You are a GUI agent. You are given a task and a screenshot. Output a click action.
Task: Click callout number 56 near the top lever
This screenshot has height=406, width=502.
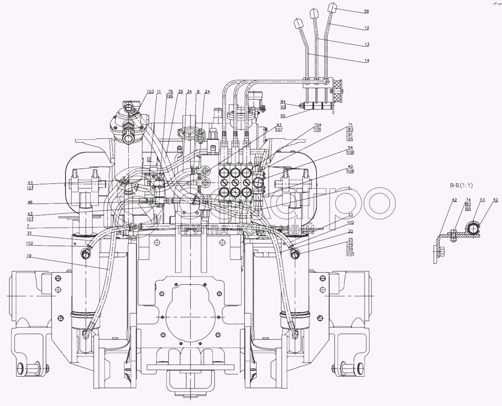(x=367, y=11)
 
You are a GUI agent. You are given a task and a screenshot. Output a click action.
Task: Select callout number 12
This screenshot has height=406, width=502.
(x=367, y=28)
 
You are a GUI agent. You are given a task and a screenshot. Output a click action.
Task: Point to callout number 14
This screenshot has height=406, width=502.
(x=367, y=61)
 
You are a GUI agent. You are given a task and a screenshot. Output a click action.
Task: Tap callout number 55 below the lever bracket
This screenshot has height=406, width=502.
(x=283, y=116)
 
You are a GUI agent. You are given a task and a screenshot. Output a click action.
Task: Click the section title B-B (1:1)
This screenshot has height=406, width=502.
(x=461, y=186)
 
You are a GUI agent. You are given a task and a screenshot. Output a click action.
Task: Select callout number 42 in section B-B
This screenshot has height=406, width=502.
(x=454, y=200)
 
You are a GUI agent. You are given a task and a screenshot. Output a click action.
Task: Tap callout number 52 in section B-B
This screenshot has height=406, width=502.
(x=495, y=200)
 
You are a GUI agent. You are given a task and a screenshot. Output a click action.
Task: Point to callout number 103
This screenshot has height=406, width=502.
(x=150, y=92)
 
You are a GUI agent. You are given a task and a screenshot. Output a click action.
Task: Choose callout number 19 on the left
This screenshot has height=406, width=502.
(x=29, y=256)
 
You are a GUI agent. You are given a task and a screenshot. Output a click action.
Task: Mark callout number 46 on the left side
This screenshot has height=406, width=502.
(x=30, y=202)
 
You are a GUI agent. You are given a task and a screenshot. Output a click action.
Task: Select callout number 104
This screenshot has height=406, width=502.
(x=318, y=125)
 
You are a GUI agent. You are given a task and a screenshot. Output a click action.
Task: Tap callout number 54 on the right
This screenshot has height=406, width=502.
(x=350, y=148)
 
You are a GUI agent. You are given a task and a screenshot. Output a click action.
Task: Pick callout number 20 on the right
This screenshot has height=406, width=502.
(x=350, y=231)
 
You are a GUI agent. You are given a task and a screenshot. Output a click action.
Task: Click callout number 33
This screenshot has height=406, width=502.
(x=350, y=215)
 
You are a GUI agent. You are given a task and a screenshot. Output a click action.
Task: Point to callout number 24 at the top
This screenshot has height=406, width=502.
(x=207, y=92)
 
